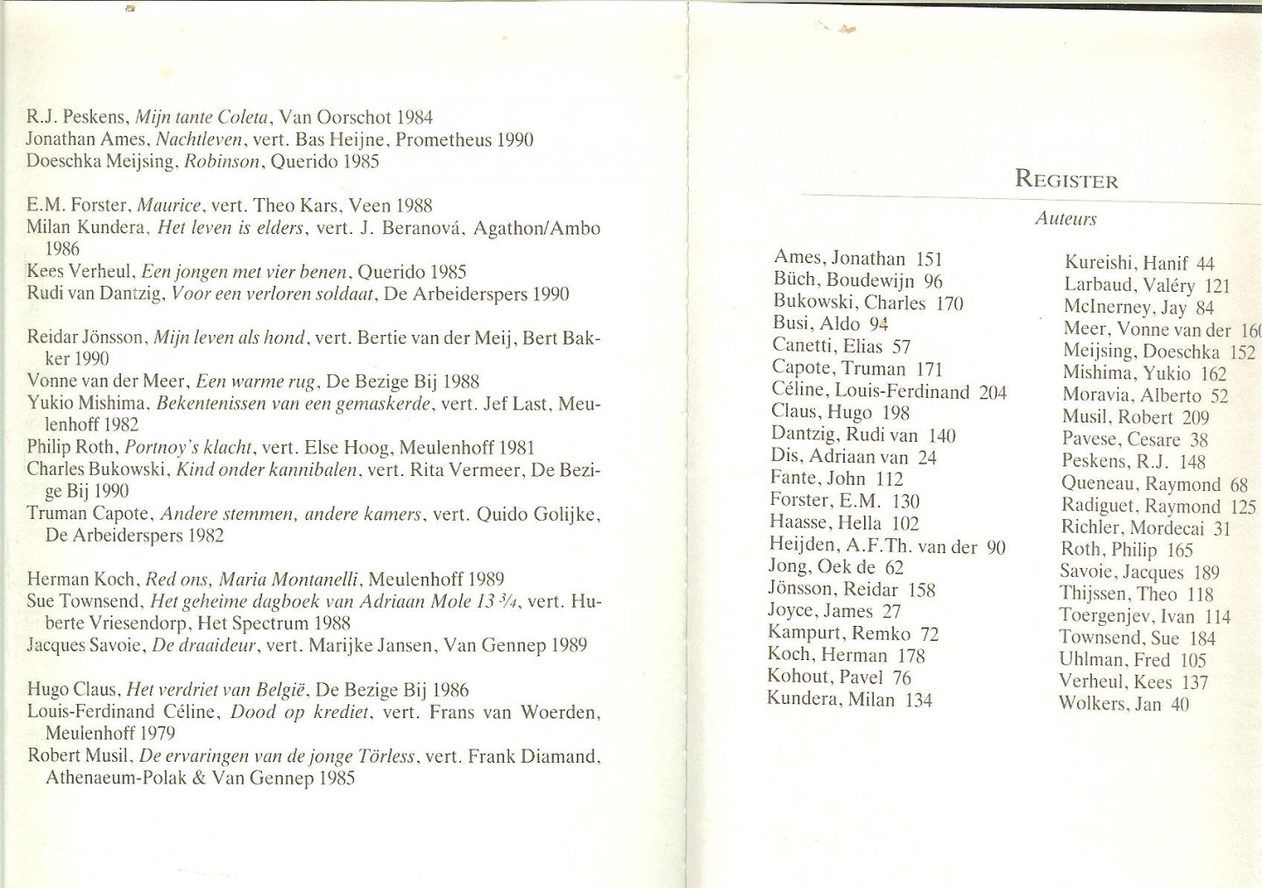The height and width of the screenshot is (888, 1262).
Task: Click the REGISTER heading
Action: pyautogui.click(x=1066, y=180)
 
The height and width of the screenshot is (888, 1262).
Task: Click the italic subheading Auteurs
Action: pyautogui.click(x=1066, y=219)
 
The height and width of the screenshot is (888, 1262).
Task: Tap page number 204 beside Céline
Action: pyautogui.click(x=993, y=392)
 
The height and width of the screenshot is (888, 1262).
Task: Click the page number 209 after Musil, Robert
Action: pyautogui.click(x=1195, y=418)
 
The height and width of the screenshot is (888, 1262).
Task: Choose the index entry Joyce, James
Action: pyautogui.click(x=821, y=611)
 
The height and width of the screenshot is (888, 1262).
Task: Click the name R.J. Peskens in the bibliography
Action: pyautogui.click(x=70, y=117)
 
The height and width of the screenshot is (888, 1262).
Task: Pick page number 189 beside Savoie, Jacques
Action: pyautogui.click(x=1207, y=572)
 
